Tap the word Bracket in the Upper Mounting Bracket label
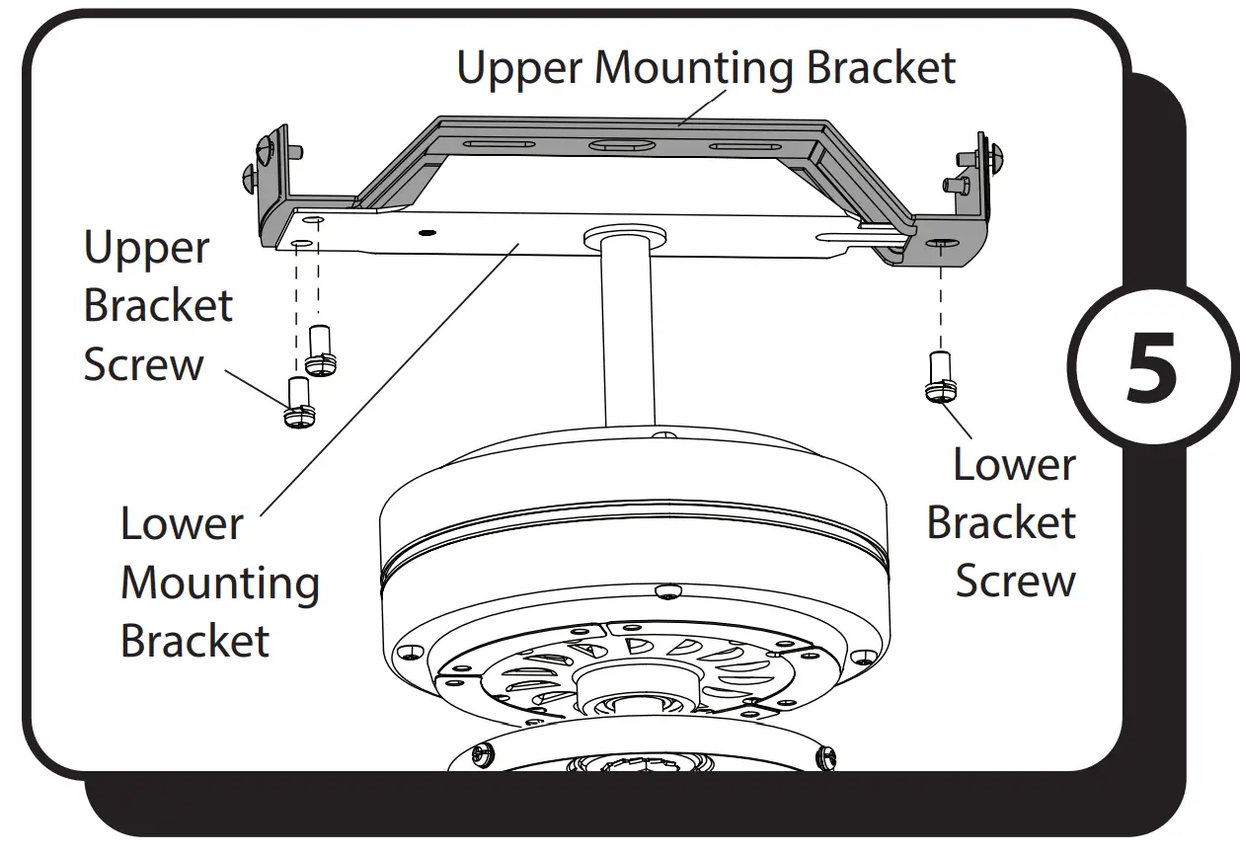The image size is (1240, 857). coord(881,68)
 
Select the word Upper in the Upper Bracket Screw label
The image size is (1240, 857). coord(145,248)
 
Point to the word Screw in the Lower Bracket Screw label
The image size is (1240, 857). coord(1015,580)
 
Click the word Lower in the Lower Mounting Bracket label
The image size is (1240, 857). coord(181,523)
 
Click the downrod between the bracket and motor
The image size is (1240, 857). coord(625,336)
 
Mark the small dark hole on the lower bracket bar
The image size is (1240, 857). coord(426,233)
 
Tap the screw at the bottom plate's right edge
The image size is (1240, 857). coord(825,757)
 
